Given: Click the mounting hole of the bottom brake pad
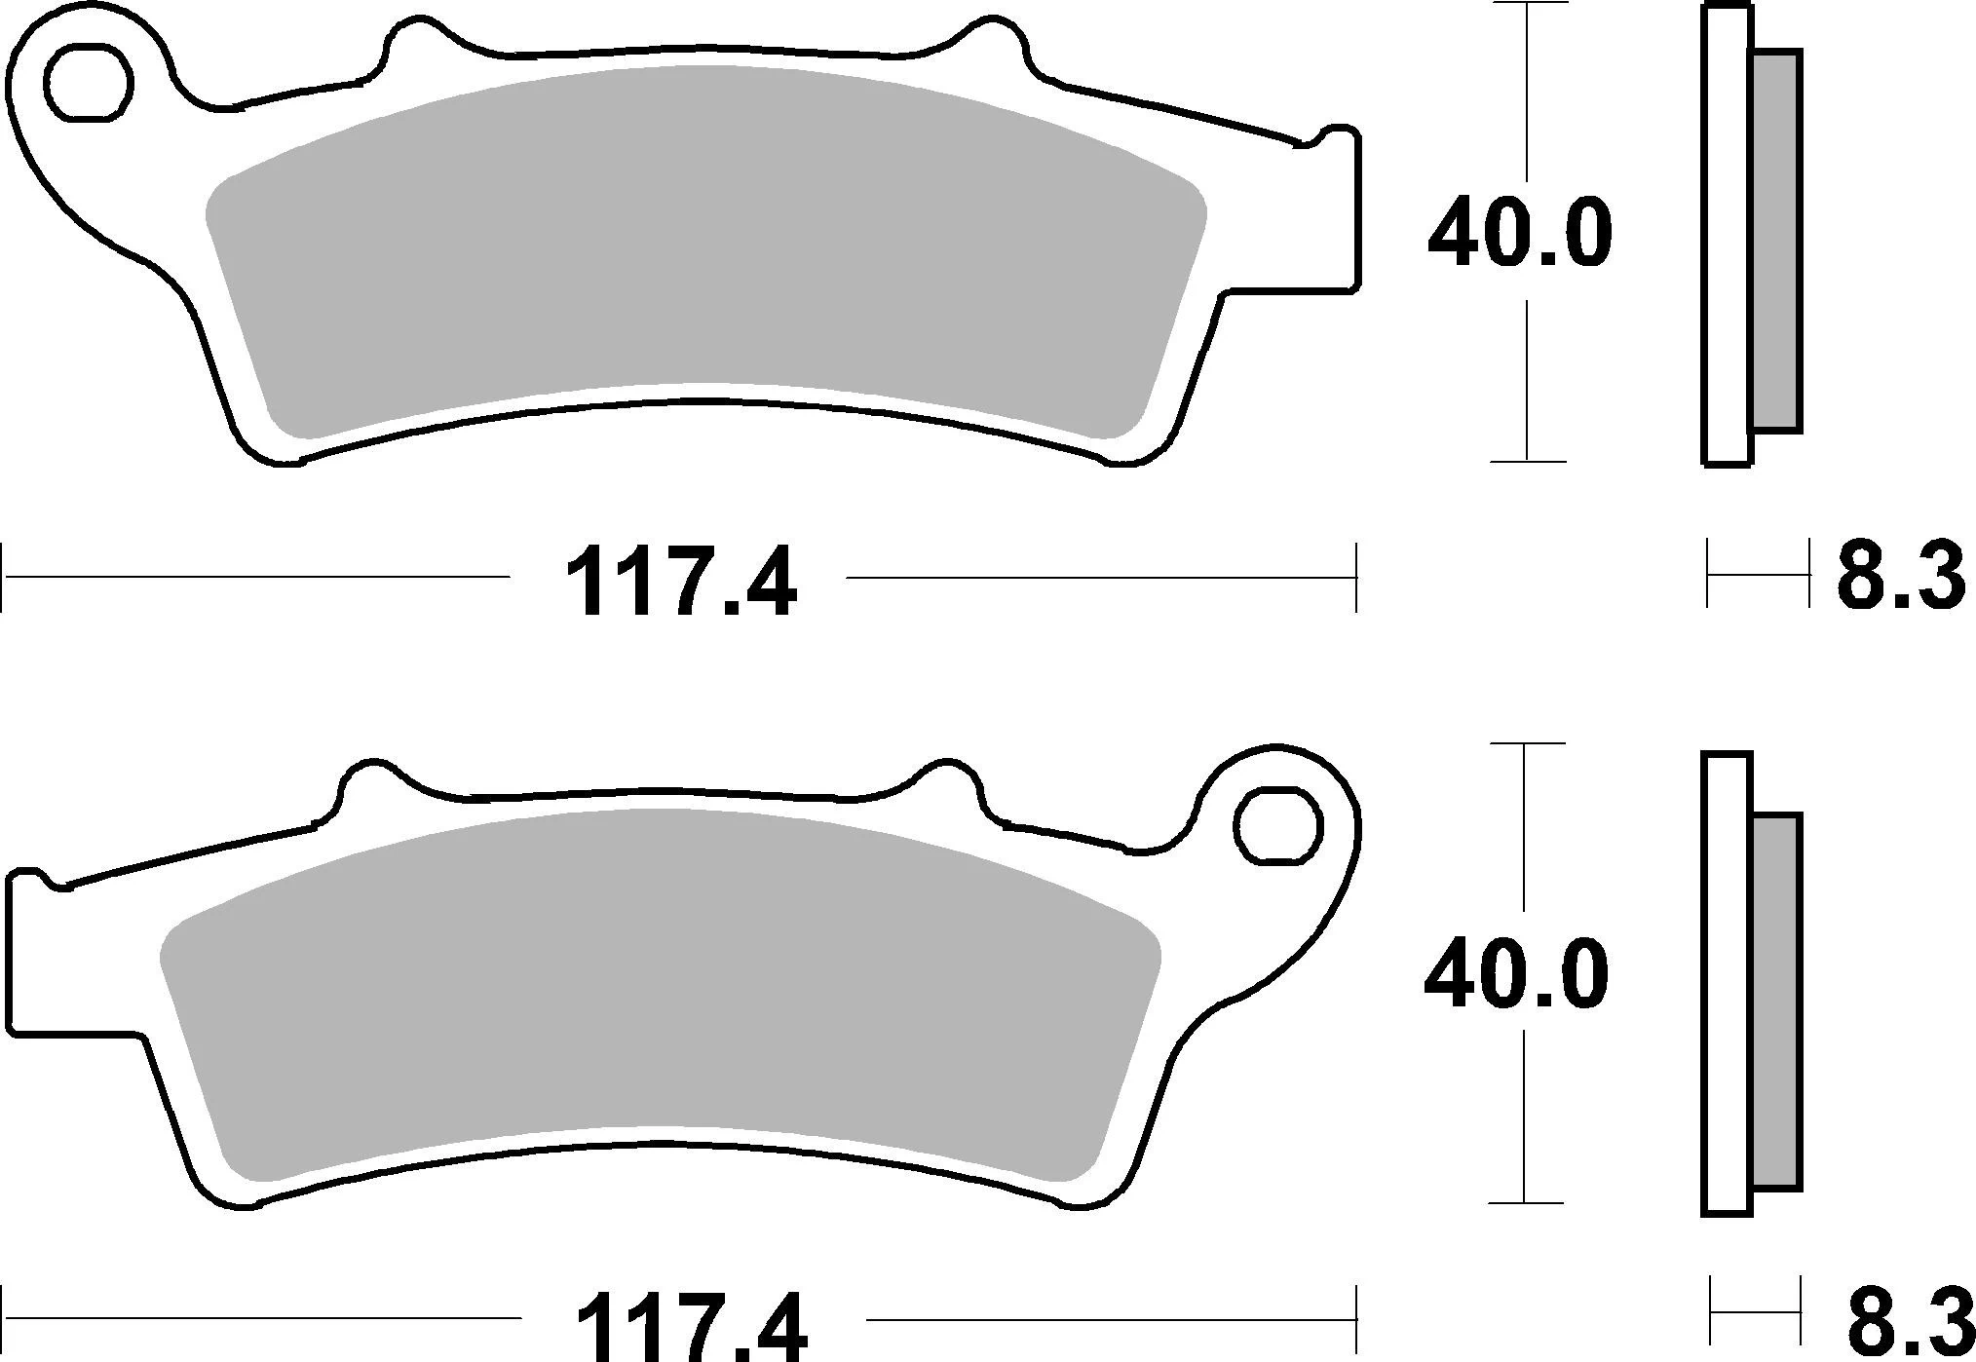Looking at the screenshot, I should (x=1277, y=826).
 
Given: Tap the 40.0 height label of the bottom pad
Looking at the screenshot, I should (x=1516, y=974).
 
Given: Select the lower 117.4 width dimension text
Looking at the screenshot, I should (x=692, y=1327).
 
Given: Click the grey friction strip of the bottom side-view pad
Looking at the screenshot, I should (x=1775, y=998).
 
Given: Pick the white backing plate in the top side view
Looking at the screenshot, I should (x=1727, y=234).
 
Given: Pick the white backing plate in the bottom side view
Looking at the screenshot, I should (x=1727, y=984).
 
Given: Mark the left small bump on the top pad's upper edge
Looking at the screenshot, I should (x=409, y=39).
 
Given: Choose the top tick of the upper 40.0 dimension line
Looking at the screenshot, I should (x=1527, y=5).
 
